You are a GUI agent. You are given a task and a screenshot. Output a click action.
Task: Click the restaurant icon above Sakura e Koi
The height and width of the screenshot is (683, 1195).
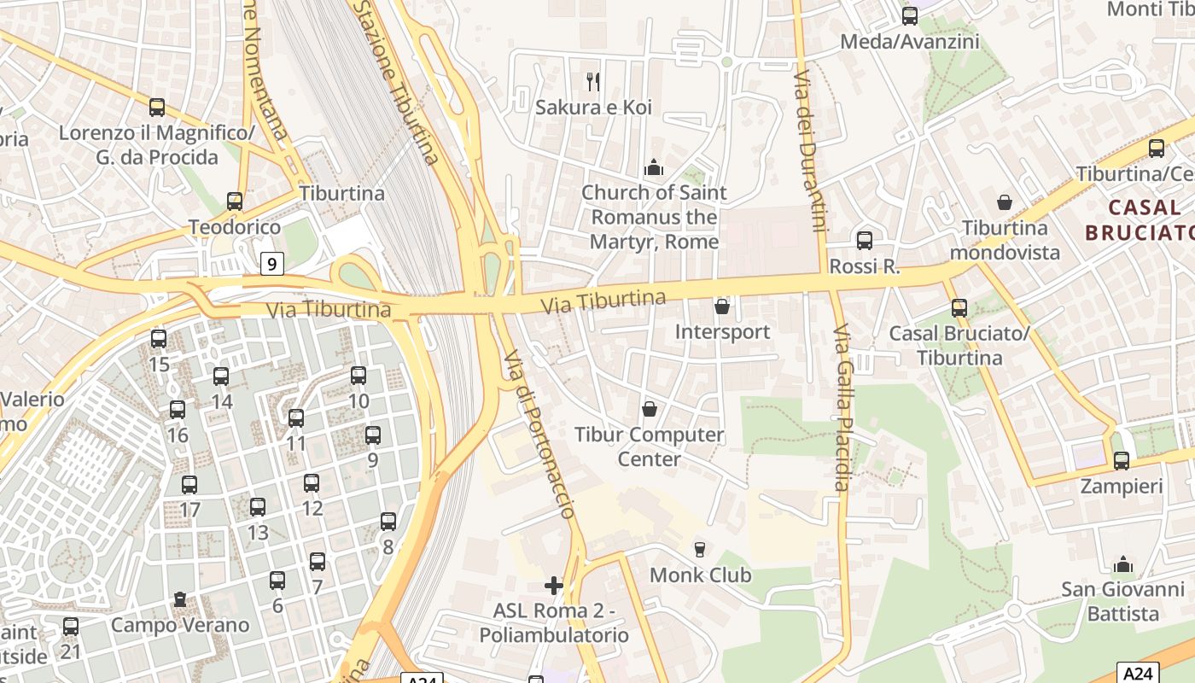[x=593, y=82]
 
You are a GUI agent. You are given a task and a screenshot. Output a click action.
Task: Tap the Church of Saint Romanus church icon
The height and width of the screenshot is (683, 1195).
[x=654, y=167]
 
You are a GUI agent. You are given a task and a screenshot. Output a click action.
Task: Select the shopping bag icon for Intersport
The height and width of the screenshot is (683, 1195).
[x=722, y=306]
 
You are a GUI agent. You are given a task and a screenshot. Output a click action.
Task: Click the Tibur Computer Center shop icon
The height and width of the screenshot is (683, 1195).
[x=650, y=409]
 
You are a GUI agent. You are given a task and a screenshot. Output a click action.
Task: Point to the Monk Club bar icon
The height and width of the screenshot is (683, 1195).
[x=700, y=549]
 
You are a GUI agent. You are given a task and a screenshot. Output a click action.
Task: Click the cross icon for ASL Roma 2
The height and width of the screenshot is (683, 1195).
[x=554, y=586]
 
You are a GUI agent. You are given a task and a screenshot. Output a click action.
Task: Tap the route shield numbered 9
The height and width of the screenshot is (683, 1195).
[x=271, y=264]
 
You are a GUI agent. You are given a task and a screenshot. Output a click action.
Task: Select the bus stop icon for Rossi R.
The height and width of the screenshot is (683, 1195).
[x=865, y=241]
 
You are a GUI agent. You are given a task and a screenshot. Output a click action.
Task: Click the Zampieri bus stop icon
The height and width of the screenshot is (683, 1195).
[x=1122, y=461]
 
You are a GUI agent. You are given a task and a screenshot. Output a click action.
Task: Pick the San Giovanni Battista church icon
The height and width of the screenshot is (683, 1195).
[x=1123, y=564]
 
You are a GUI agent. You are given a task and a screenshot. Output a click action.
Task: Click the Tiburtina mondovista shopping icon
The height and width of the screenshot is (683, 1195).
[x=1005, y=202]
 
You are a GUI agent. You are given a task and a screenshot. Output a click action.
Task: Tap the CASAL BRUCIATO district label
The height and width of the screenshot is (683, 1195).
[x=1140, y=219]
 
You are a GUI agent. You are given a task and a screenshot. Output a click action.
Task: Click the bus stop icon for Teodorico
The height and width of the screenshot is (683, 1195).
[x=235, y=201]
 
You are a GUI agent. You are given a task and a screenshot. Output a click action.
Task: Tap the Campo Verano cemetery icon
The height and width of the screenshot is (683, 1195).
[x=180, y=599]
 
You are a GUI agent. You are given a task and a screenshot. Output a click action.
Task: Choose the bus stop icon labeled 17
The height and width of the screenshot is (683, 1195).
[x=189, y=485]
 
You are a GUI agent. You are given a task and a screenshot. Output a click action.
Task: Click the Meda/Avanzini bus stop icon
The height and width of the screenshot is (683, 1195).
[x=910, y=15]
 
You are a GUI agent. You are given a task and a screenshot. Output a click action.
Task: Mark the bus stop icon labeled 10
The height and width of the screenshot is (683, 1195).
[x=358, y=376]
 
